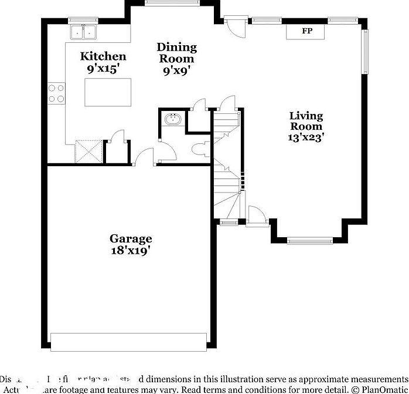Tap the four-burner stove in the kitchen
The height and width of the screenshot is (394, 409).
click(x=56, y=93)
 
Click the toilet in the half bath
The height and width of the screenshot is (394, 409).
click(x=199, y=149)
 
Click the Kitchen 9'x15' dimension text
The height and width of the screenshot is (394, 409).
click(x=103, y=68)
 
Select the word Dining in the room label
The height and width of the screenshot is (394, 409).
click(x=176, y=47)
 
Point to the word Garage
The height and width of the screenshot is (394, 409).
click(x=131, y=238)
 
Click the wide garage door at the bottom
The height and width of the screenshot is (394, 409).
click(x=128, y=341)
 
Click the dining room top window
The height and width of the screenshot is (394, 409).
click(x=163, y=3)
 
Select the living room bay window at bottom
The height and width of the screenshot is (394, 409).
click(x=310, y=240)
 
